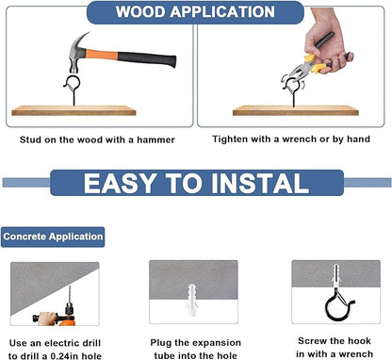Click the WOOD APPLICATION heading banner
point(195,12)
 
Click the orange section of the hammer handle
point(102,55)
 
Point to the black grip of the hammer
point(147,58)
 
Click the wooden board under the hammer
point(73,110)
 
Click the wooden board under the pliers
point(295,110)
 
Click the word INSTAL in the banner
point(261,183)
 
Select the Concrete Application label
point(53,237)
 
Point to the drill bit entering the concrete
point(70,294)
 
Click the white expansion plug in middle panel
point(191,300)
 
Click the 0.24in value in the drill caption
point(65,356)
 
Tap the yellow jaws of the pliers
point(312,62)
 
